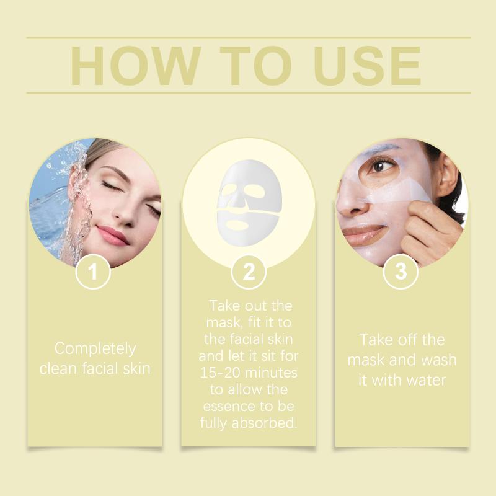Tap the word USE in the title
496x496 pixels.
coord(368,66)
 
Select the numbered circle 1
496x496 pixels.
coord(92,272)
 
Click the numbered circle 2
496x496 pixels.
coord(249,272)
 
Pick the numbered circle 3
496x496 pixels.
coord(400,272)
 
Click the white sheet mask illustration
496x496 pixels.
coord(249,203)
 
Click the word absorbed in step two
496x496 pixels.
coord(265,423)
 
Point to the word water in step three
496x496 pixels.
coord(426,380)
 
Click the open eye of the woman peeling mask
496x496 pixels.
coord(380,166)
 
